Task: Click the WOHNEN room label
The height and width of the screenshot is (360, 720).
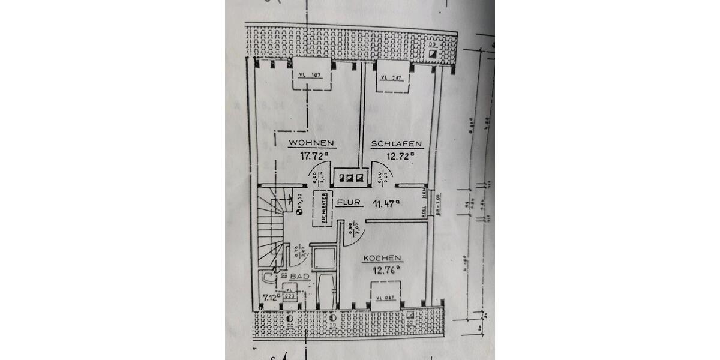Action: (311, 144)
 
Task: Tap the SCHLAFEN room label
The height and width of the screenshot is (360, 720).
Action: (397, 144)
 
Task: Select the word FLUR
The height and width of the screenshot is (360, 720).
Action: (349, 203)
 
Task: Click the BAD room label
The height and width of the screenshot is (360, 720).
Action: (300, 276)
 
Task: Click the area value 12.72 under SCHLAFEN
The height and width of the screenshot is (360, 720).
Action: (400, 156)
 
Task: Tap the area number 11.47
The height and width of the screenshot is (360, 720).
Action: (385, 203)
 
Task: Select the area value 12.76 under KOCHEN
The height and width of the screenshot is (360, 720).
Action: (384, 270)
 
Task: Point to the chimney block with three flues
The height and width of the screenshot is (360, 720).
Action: (350, 176)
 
